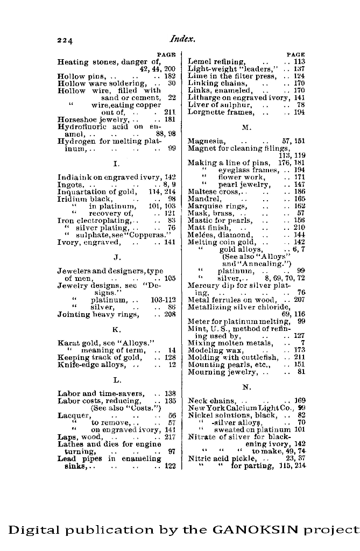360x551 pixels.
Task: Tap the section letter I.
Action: point(117,163)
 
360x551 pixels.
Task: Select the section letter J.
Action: point(117,257)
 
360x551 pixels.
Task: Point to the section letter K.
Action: point(117,329)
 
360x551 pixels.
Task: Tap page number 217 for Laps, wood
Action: point(170,437)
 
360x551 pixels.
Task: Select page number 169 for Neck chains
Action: point(299,401)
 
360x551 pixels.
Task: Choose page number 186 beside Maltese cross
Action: point(299,192)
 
